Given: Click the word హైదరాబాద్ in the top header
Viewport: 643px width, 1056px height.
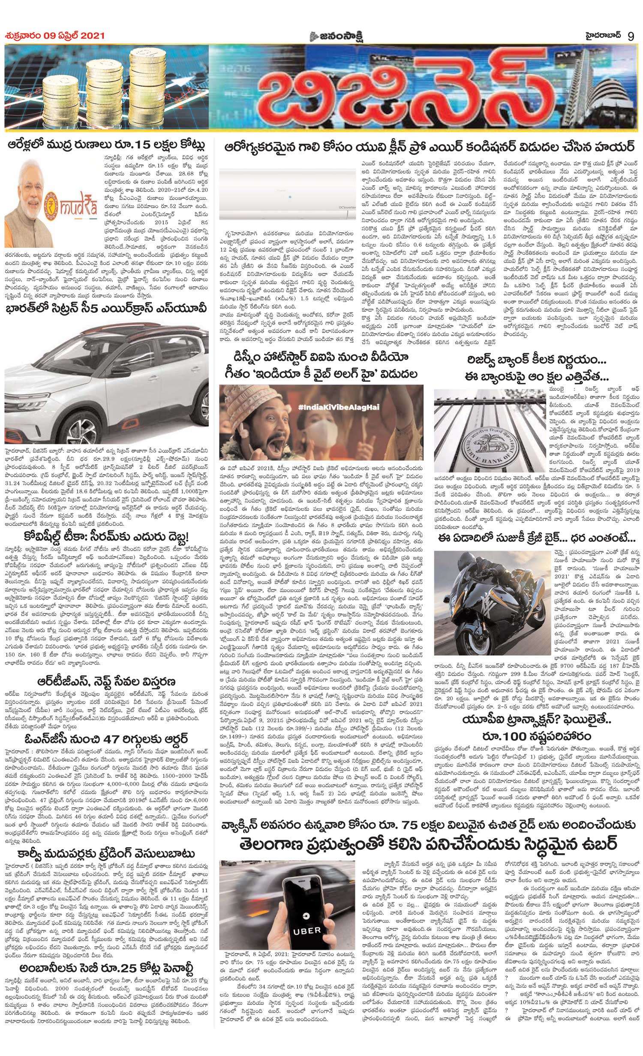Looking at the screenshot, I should pyautogui.click(x=600, y=35).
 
